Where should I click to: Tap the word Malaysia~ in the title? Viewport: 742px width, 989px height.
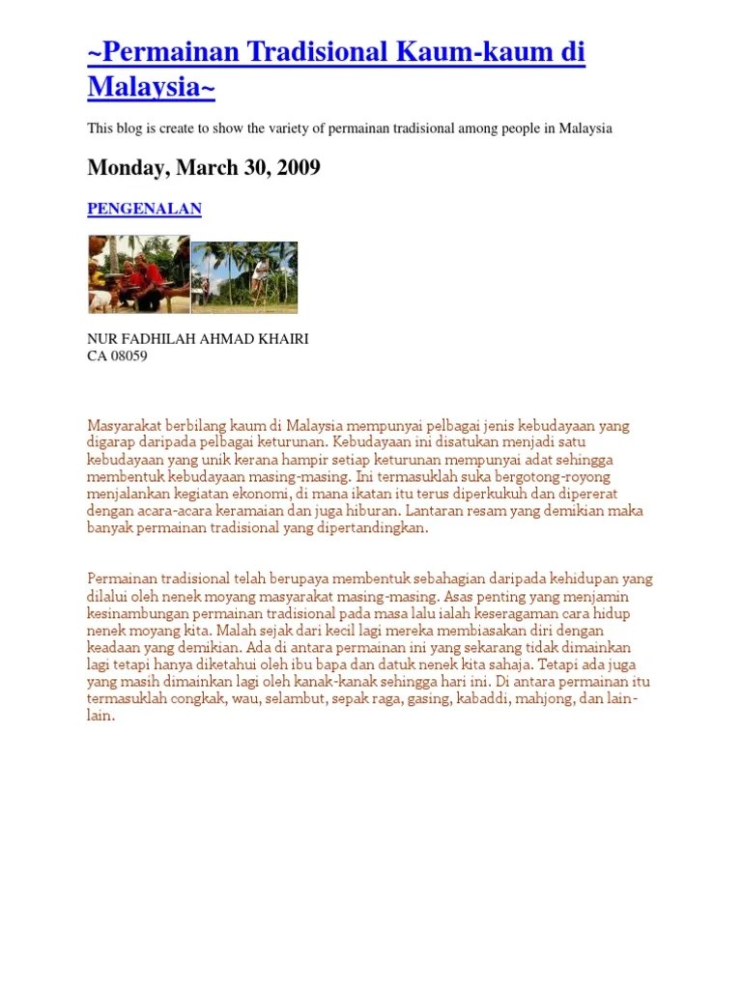(151, 87)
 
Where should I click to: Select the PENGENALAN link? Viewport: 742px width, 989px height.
(145, 209)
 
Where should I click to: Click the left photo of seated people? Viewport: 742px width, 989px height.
(138, 274)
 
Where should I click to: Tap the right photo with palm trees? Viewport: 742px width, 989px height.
(244, 277)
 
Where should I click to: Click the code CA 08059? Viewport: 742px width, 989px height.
(117, 355)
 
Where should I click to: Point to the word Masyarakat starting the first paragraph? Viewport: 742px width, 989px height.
(125, 425)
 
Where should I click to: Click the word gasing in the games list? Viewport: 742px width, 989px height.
(427, 699)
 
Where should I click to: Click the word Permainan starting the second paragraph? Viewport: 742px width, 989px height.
(120, 579)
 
